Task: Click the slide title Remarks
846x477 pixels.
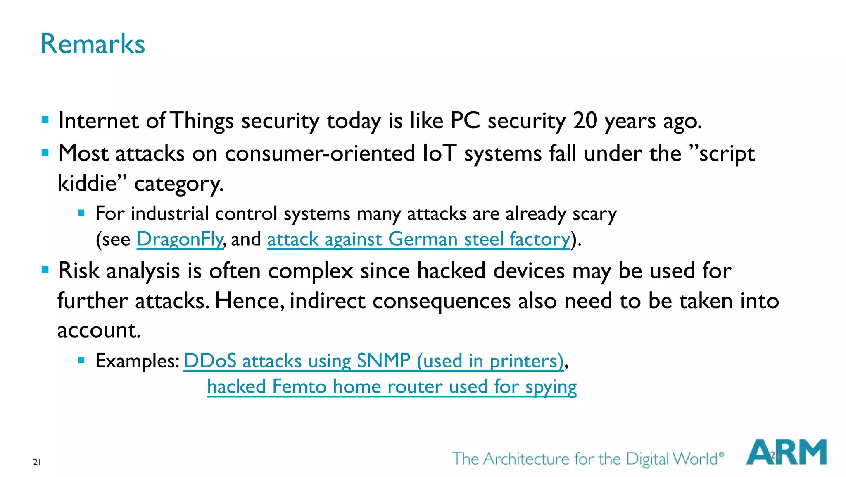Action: pyautogui.click(x=93, y=44)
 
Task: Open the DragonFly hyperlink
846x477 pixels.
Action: pyautogui.click(x=180, y=239)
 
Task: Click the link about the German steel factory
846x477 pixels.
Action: pyautogui.click(x=418, y=239)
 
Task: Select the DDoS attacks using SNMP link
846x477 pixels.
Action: pyautogui.click(x=373, y=361)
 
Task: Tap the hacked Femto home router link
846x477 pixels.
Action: pyautogui.click(x=392, y=387)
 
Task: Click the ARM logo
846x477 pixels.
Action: pyautogui.click(x=786, y=453)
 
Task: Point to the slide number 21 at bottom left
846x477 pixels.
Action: pyautogui.click(x=37, y=462)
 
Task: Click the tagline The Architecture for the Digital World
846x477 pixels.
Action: pyautogui.click(x=587, y=459)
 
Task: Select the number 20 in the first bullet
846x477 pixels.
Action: pyautogui.click(x=585, y=121)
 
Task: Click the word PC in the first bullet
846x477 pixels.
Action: pyautogui.click(x=465, y=121)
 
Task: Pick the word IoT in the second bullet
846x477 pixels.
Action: pyautogui.click(x=440, y=153)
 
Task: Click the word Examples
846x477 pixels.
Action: pyautogui.click(x=137, y=361)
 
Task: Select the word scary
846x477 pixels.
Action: pyautogui.click(x=594, y=214)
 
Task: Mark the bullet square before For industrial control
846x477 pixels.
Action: pyautogui.click(x=81, y=213)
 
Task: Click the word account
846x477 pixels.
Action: pyautogui.click(x=99, y=331)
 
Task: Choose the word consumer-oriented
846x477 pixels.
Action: pyautogui.click(x=320, y=153)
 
